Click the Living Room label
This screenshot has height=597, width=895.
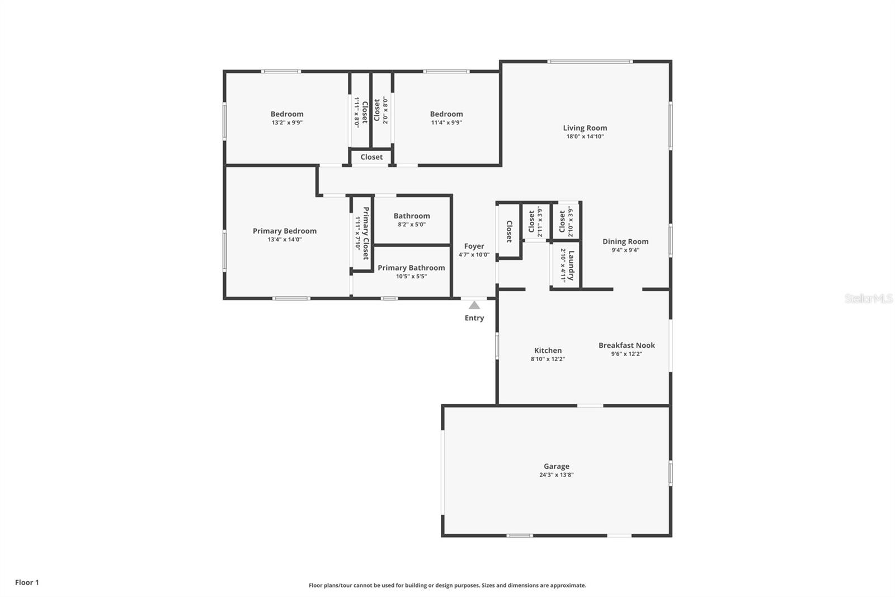coord(585,128)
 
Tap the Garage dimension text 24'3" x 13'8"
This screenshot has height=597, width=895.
coord(557,475)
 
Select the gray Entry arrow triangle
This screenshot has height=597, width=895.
coord(474,305)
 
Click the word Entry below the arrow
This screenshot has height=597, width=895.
coord(474,318)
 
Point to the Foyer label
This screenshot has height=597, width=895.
coord(474,246)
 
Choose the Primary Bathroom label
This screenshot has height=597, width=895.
coord(411,268)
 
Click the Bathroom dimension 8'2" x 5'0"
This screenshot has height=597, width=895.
coord(412,225)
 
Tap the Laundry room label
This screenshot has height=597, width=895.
coord(571,265)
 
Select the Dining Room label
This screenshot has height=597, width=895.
coord(625,241)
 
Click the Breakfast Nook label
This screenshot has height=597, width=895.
coord(626,346)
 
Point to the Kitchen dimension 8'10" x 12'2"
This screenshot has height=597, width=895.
coord(548,359)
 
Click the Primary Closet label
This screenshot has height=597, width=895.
coord(366,234)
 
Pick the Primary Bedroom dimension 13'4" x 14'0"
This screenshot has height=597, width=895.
coord(285,240)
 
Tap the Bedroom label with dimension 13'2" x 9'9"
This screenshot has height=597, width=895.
coord(287,114)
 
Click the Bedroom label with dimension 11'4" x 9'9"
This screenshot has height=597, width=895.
coord(446,114)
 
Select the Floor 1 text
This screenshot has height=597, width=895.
coord(27,582)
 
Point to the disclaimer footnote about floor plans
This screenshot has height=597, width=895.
coord(447,585)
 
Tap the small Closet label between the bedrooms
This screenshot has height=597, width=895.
coord(371,157)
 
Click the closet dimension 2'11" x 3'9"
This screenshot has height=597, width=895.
coord(540,222)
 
